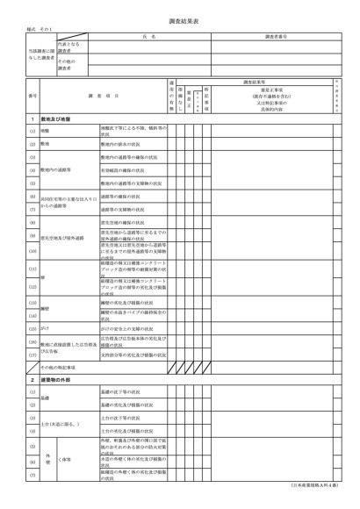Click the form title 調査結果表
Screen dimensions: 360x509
(x=179, y=18)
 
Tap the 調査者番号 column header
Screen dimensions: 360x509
(x=277, y=37)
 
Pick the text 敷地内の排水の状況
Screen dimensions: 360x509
(x=120, y=142)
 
